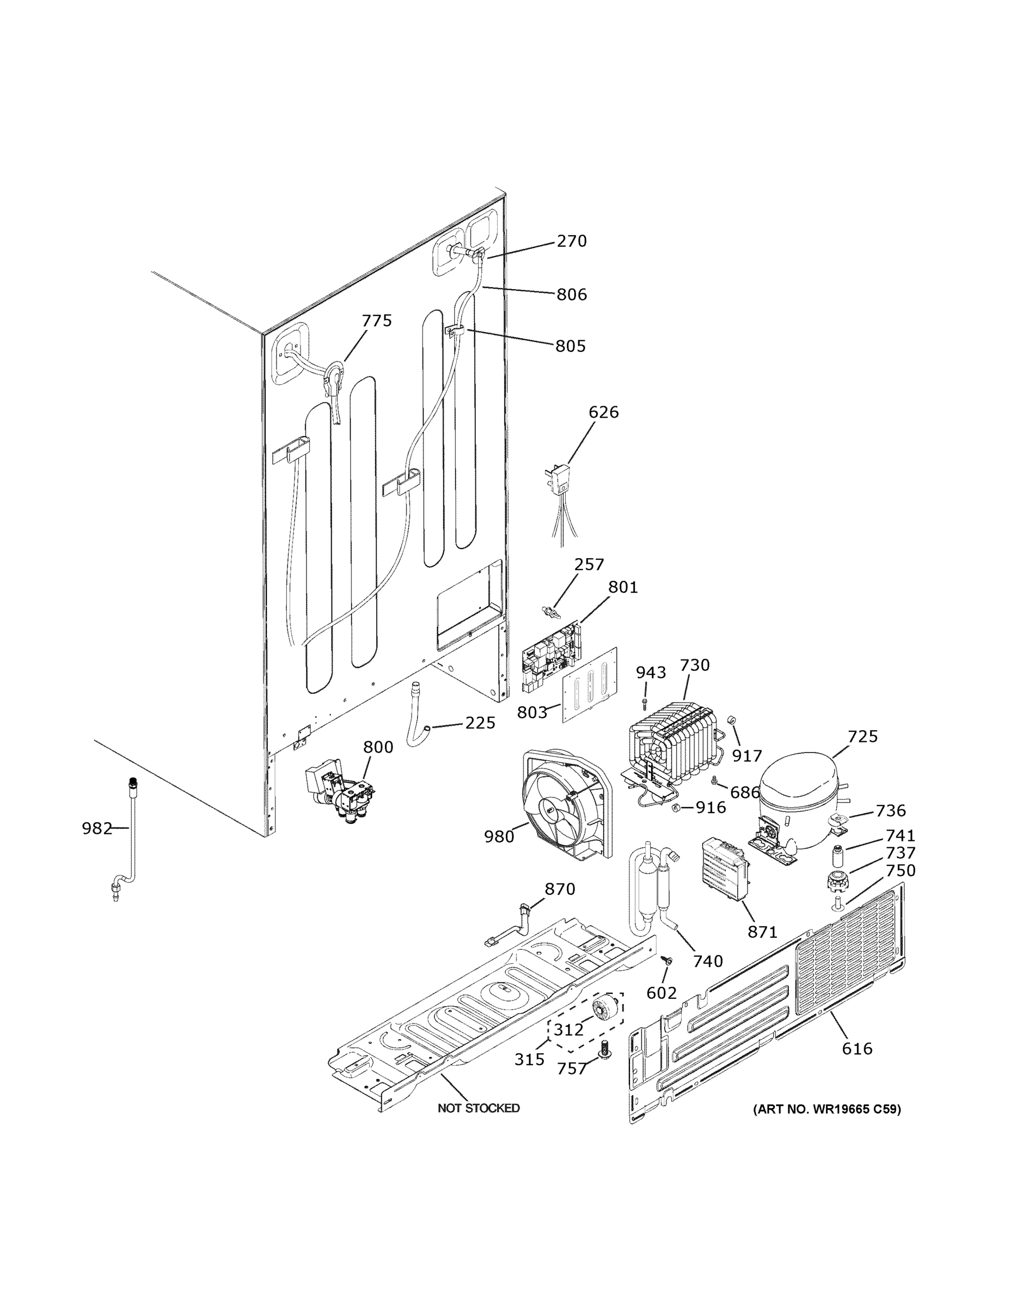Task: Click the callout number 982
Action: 97,829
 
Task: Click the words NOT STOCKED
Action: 478,1108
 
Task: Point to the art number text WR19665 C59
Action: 827,1109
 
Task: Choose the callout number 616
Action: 857,1048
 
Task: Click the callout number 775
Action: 377,321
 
